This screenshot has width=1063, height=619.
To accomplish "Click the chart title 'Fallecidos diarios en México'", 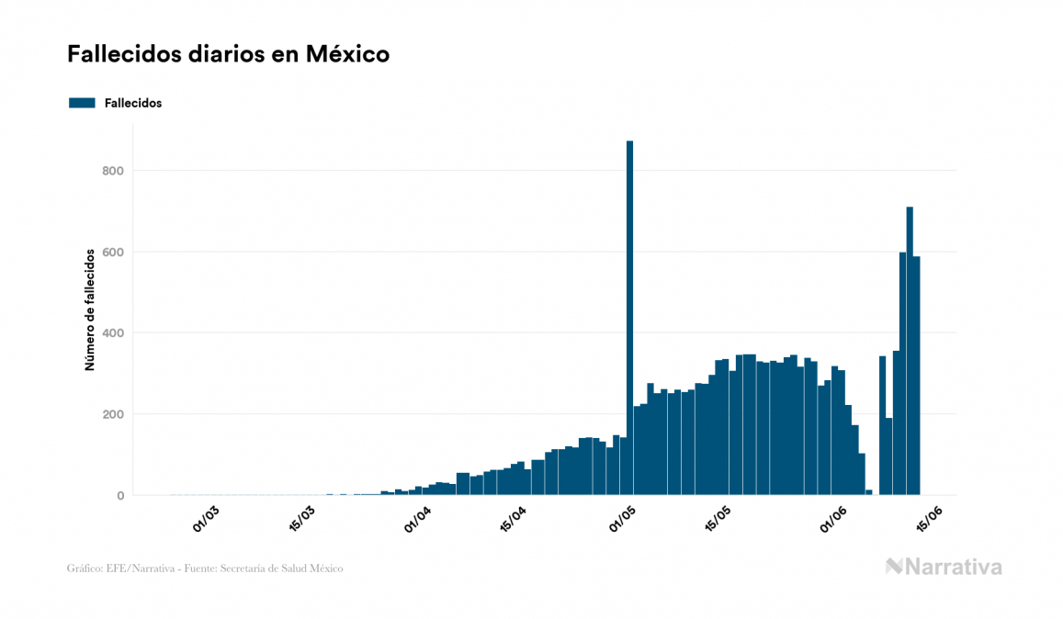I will tap(228, 54).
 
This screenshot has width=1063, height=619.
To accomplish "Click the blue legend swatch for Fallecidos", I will tap(83, 103).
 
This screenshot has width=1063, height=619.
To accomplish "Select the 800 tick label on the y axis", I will tap(114, 171).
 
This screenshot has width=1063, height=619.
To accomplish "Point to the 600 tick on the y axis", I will tap(114, 252).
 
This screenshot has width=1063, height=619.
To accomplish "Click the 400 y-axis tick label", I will tap(114, 333).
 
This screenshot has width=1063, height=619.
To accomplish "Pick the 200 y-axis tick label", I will tap(114, 414).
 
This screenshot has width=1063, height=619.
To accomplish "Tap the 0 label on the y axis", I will tap(119, 496).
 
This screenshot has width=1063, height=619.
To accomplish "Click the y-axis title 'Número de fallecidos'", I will tap(90, 309).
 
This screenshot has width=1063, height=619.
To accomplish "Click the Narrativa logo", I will tap(944, 567).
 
